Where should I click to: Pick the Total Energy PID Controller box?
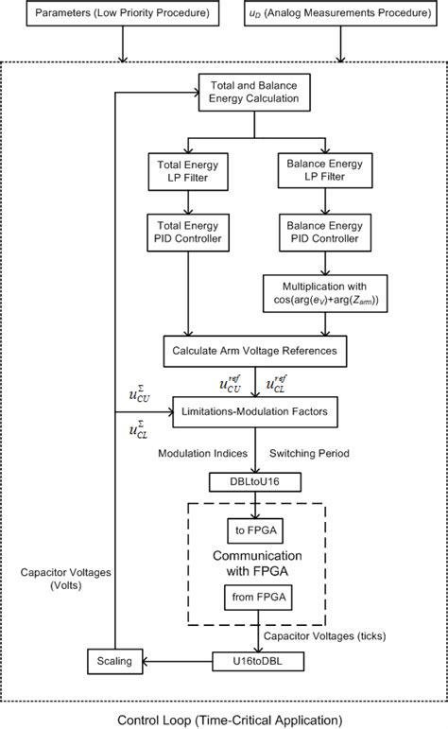[193, 232]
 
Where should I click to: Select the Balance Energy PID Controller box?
[326, 232]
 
